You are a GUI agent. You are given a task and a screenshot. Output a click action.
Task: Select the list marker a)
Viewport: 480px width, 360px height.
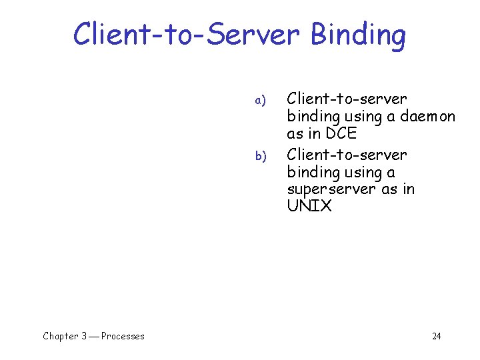[260, 101]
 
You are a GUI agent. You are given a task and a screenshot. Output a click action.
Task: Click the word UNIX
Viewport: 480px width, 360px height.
[309, 206]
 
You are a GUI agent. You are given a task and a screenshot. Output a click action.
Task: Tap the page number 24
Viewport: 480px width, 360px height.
[436, 336]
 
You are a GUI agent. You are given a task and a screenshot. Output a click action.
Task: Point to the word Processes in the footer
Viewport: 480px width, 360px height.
[123, 336]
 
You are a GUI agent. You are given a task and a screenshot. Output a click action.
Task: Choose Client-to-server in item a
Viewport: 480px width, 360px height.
[346, 99]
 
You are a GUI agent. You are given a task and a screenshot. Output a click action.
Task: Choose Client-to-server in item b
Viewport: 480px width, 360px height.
[346, 155]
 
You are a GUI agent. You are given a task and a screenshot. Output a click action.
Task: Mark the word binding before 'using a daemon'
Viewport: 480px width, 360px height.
[312, 117]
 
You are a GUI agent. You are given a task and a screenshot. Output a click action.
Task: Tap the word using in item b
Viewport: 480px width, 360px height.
[361, 173]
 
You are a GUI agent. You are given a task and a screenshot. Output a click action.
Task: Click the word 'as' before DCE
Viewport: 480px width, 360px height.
[295, 134]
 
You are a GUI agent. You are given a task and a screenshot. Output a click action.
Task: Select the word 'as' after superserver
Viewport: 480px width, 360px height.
[388, 189]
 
